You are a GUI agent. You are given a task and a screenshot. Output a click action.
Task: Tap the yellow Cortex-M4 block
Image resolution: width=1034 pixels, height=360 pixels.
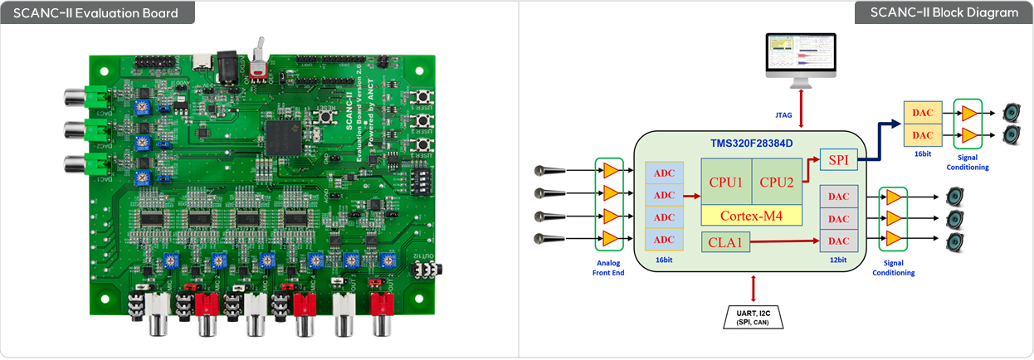(752, 216)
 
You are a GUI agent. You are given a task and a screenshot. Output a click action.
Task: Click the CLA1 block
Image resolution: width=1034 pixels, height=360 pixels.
(725, 242)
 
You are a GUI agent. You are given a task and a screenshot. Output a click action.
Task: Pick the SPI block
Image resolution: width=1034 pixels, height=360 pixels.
(838, 159)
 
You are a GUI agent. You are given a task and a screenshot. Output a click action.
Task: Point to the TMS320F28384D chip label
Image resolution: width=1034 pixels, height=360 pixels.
(752, 142)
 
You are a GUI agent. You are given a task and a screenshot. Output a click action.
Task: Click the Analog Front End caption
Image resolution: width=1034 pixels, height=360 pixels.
(610, 266)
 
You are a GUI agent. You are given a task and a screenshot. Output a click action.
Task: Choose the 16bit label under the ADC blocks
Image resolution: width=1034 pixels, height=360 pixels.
(663, 260)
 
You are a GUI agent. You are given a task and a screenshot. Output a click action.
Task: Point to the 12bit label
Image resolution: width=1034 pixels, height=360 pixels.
(838, 260)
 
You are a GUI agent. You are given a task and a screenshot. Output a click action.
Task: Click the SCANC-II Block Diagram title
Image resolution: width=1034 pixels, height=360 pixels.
(944, 12)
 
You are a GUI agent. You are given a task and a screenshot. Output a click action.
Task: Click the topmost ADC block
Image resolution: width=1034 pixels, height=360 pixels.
(664, 173)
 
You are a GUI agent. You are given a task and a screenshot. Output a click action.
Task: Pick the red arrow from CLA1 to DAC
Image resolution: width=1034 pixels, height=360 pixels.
(784, 242)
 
